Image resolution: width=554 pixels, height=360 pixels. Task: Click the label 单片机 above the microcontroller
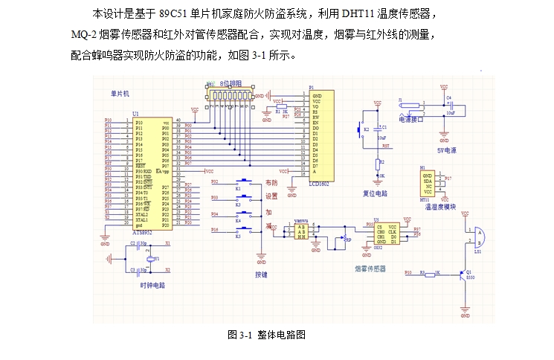pos(120,94)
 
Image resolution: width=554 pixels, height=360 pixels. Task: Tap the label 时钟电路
pos(152,285)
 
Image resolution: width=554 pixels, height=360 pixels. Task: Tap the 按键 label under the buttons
pos(261,274)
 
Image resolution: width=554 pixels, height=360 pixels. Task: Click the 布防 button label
pos(271,182)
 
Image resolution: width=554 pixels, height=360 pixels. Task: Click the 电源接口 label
pos(410,119)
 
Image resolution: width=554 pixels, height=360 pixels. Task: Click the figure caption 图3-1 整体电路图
pos(267,335)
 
